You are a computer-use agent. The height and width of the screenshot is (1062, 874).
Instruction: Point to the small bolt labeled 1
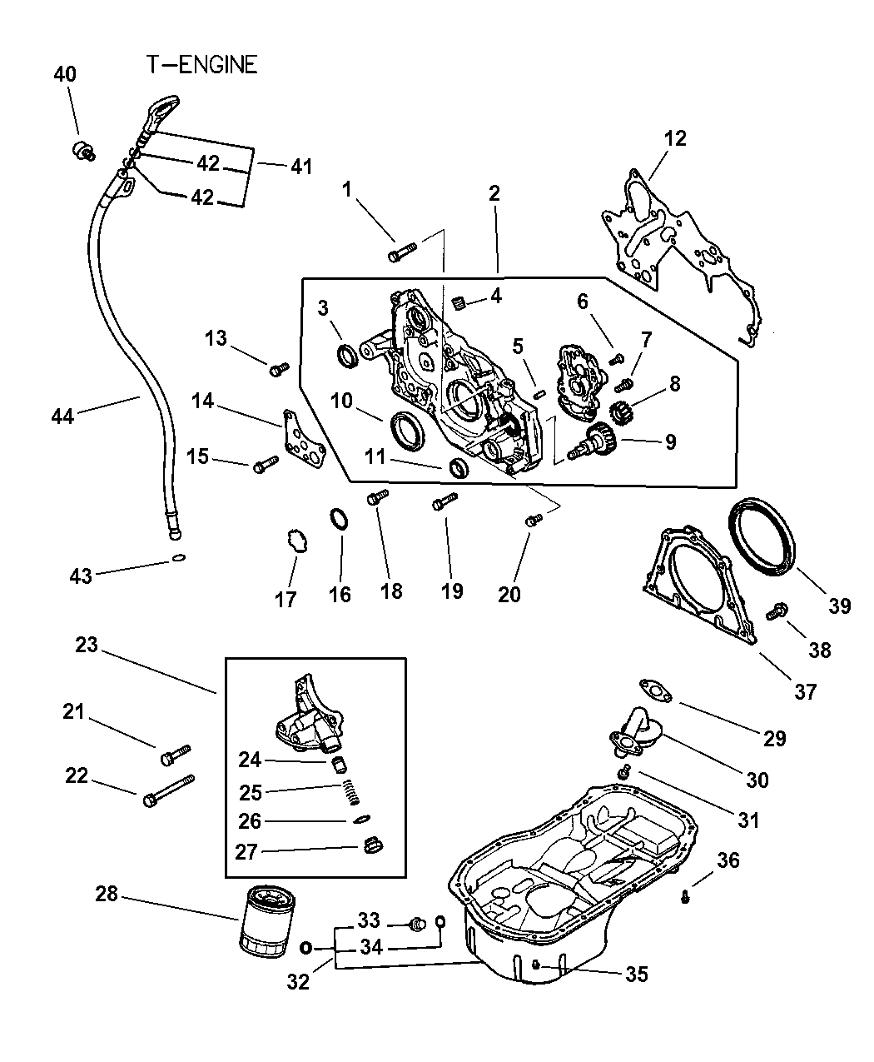[x=400, y=251]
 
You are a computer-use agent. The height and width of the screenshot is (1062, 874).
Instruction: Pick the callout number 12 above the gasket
[x=674, y=138]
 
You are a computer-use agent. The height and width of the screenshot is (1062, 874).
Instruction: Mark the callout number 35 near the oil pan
[x=636, y=974]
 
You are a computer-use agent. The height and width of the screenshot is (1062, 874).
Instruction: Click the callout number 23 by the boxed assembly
[x=87, y=645]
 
